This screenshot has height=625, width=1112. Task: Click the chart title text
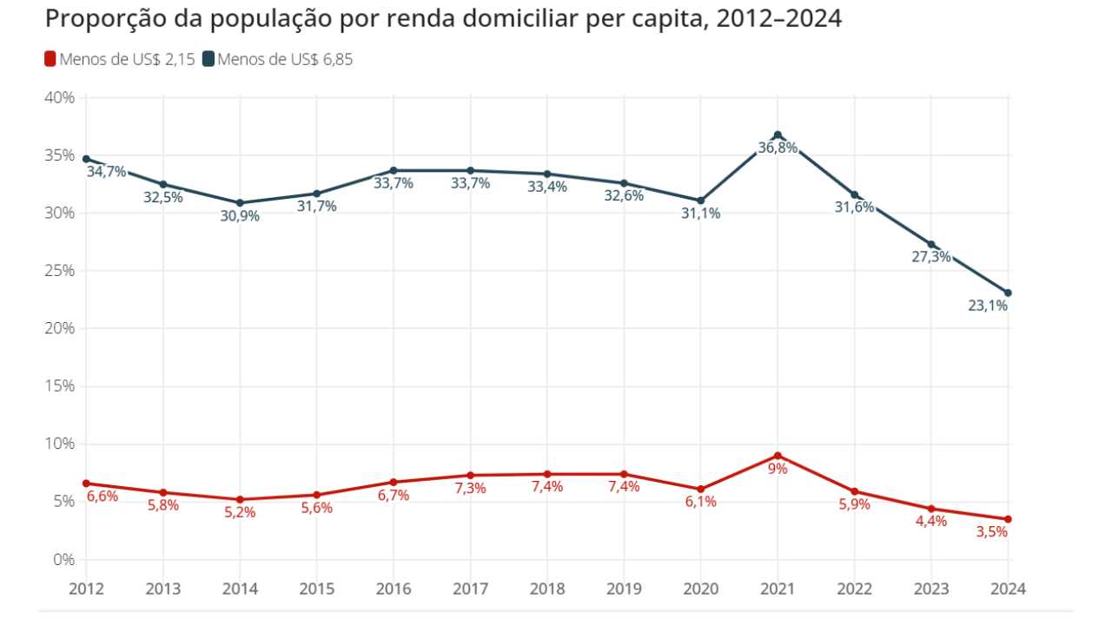click(443, 19)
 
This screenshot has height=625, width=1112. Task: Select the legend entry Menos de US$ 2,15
click(119, 60)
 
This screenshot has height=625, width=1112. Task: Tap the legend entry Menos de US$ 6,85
click(277, 60)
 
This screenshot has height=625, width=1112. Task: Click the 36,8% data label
click(778, 148)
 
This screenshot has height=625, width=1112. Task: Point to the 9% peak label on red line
click(778, 469)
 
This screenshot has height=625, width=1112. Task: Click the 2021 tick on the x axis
click(778, 589)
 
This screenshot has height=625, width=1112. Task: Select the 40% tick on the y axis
click(59, 97)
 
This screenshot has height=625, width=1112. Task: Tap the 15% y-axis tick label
click(59, 386)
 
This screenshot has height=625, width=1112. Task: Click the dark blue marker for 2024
click(1008, 293)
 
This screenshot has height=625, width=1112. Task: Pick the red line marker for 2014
click(240, 500)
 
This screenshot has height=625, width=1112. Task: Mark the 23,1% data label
click(988, 306)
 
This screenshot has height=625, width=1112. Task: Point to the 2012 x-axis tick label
click(86, 589)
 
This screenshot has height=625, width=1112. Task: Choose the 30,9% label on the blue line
click(240, 216)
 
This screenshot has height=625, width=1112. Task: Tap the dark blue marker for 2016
click(394, 170)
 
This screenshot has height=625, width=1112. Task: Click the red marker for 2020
click(701, 489)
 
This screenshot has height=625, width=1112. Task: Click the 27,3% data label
click(930, 257)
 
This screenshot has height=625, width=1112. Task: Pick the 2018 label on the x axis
click(547, 589)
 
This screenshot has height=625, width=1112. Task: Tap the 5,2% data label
click(240, 513)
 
